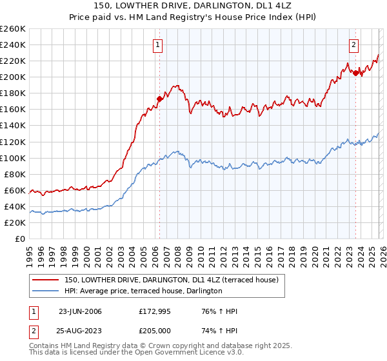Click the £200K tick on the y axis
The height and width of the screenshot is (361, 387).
pos(13,77)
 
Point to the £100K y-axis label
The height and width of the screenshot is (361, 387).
pos(13,158)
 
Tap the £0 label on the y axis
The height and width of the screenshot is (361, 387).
pos(19,239)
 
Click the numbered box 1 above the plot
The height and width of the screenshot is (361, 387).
pos(158,44)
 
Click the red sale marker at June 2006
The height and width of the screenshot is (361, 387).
pos(159,99)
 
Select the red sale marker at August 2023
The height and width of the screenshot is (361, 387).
pos(355,73)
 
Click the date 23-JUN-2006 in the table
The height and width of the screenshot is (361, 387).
pos(80,311)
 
